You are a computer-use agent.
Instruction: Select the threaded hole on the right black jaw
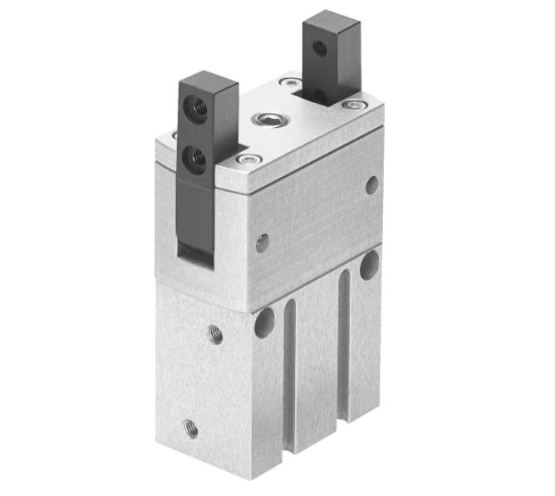point(320,49)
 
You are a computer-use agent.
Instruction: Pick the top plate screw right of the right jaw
point(356,106)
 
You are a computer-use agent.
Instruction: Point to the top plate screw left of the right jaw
point(290,82)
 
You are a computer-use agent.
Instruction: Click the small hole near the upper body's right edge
point(371,184)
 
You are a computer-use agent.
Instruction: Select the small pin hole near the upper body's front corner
point(263,243)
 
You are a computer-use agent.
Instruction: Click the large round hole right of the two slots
point(369,265)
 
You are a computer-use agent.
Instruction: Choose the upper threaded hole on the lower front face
point(215,335)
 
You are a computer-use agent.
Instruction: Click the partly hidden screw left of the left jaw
point(174,135)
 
